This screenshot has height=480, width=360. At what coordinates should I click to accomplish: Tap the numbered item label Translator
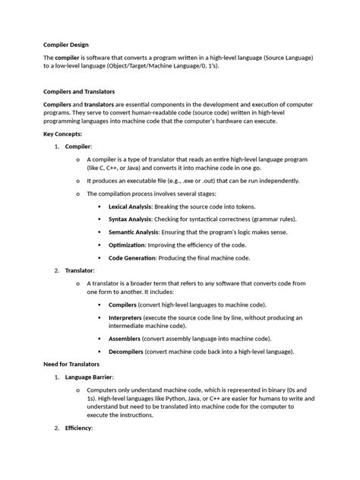[79, 270]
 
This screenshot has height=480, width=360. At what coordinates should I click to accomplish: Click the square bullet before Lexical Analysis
[99, 207]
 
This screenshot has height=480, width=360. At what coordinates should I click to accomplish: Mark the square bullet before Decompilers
[99, 351]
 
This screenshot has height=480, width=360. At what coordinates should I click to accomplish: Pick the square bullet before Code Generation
[99, 257]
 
